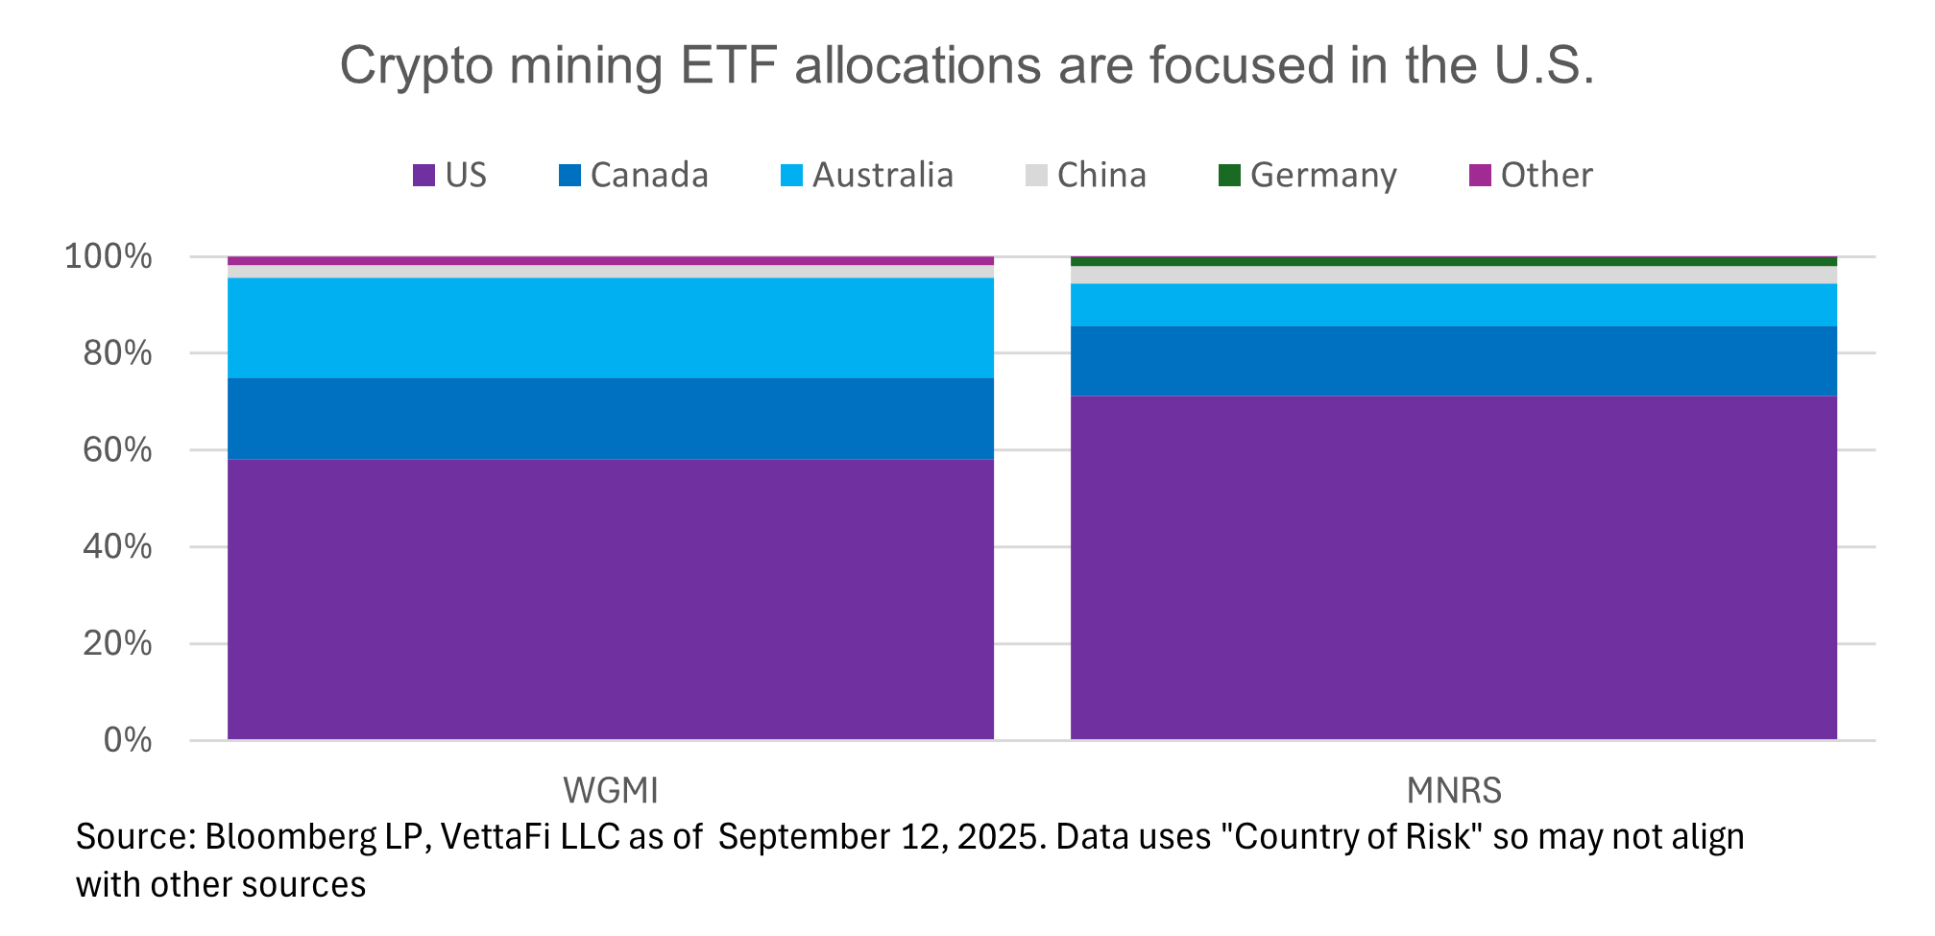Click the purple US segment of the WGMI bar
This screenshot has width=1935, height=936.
(610, 599)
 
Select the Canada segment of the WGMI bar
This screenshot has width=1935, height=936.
(610, 419)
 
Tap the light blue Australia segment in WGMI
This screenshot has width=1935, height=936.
(610, 328)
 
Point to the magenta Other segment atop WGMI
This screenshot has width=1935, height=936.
(610, 261)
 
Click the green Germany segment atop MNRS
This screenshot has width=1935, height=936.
(1453, 261)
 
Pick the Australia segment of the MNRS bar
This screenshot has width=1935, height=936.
(1453, 305)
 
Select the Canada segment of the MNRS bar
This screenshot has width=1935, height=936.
(1453, 361)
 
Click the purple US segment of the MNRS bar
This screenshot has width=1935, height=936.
(1453, 566)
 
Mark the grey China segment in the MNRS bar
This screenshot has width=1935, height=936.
(1453, 276)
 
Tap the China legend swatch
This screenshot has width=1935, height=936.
(1036, 176)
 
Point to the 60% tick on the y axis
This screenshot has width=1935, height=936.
(117, 450)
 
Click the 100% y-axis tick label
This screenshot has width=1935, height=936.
(108, 257)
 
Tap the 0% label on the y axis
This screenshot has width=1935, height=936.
(127, 740)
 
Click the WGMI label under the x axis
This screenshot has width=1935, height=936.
(610, 791)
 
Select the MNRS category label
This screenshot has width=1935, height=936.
(1453, 791)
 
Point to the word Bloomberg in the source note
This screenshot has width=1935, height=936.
(290, 837)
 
